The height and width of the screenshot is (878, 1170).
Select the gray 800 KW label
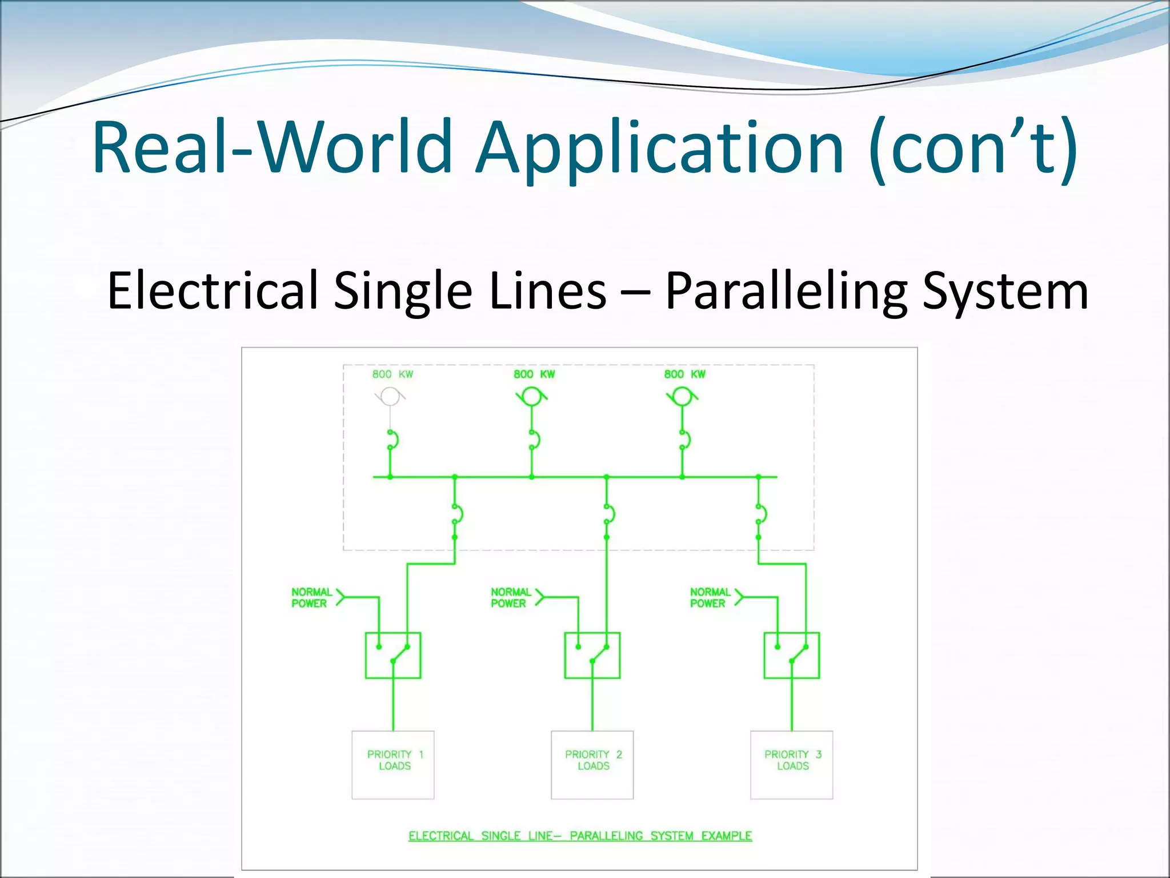392,374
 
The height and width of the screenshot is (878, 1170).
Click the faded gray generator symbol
390,396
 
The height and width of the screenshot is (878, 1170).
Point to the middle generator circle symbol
532,396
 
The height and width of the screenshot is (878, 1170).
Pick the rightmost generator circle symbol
682,396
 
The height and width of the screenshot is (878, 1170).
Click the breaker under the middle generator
534,440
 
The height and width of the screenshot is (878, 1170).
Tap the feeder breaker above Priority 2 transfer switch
608,513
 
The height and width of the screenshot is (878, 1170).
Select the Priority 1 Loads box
393,764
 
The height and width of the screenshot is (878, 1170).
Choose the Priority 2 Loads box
592,764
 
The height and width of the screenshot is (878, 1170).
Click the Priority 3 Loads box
792,764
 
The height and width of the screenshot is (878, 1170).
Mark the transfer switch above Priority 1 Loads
393,655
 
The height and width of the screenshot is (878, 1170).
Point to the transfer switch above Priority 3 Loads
792,655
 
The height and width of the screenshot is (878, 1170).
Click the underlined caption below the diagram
580,836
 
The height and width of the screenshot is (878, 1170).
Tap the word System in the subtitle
1005,292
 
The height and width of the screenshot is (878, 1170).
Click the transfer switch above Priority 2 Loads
592,655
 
